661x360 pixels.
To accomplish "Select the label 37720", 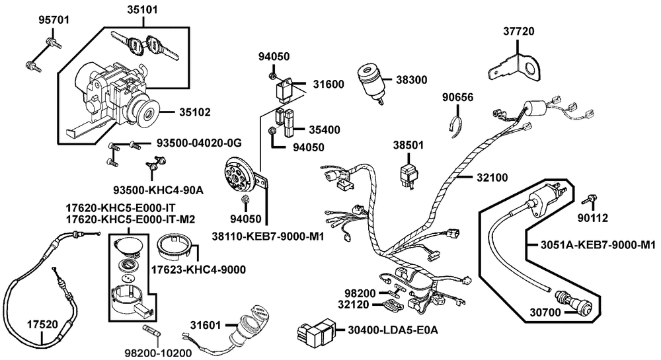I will pos(518,31).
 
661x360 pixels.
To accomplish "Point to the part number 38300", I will pos(412,80).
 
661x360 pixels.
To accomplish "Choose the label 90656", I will pos(457,98).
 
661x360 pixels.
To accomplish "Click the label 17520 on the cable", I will pos(42,324).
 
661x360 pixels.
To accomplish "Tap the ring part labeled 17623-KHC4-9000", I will pos(177,248).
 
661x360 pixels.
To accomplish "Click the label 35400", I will pos(321,129).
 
